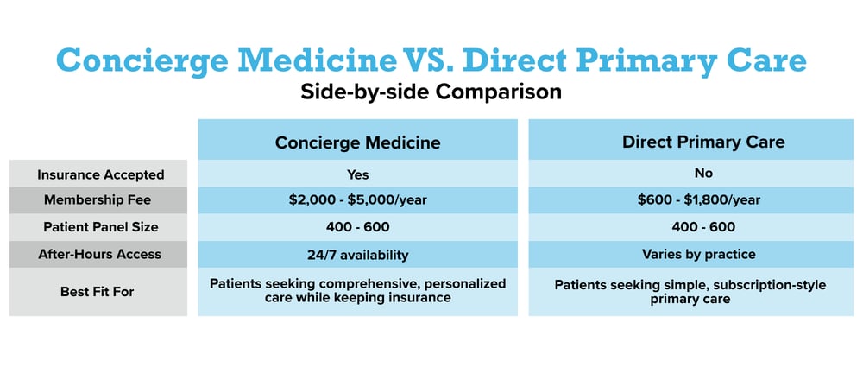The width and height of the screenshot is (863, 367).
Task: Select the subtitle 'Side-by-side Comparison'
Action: pos(431,92)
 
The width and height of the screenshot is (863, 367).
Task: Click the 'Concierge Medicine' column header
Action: pos(357,142)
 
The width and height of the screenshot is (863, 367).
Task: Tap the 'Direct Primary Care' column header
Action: pos(691,142)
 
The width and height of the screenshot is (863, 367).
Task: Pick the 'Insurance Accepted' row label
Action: pos(100,174)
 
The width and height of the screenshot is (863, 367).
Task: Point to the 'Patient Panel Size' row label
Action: pos(100,227)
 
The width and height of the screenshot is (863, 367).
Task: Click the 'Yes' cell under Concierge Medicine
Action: pos(357,174)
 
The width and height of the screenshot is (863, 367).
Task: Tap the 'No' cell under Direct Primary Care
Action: pos(691,173)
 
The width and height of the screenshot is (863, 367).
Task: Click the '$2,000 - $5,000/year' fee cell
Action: pos(357,200)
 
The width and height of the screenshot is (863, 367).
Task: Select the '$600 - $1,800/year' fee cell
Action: pos(691,200)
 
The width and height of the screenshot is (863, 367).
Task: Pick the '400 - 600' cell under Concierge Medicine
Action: pos(357,227)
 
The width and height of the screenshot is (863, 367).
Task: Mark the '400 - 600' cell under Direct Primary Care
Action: pos(691,227)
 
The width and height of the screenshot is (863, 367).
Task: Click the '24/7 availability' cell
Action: pos(357,255)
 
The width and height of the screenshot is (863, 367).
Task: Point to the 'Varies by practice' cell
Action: pos(691,255)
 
